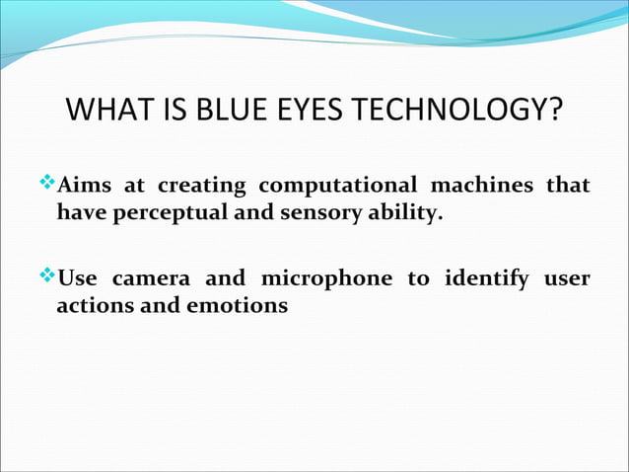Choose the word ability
pyautogui.click(x=401, y=212)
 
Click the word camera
pyautogui.click(x=158, y=279)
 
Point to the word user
pyautogui.click(x=566, y=279)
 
